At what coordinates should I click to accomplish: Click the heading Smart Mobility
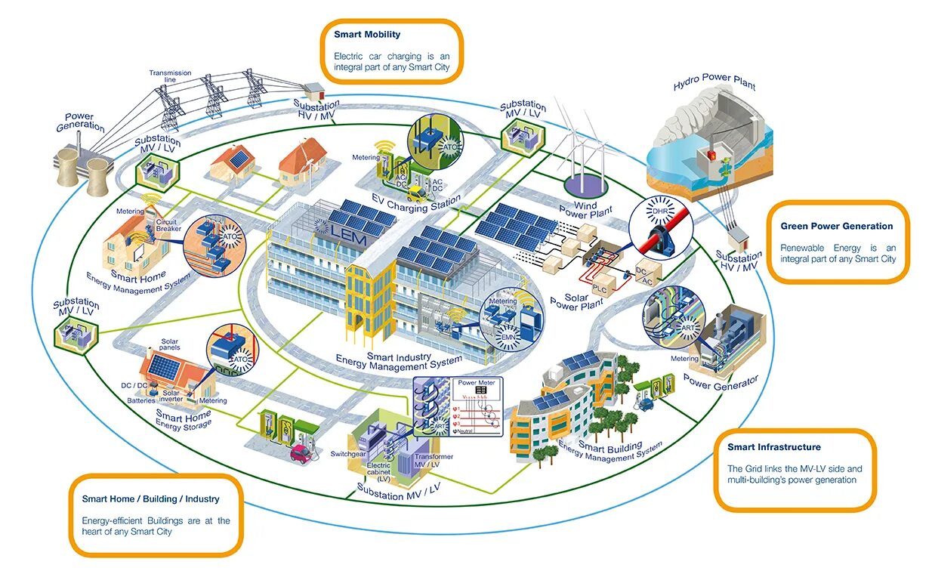[x=367, y=34]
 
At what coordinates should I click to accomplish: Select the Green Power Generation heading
[x=836, y=226]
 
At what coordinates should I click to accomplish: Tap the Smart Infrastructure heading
[x=773, y=447]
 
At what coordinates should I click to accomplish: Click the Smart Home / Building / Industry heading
[x=150, y=498]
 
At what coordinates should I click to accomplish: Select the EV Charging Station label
[x=415, y=202]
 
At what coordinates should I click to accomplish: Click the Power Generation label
[x=79, y=122]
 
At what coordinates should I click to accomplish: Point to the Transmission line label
[x=170, y=76]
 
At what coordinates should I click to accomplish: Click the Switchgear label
[x=347, y=453]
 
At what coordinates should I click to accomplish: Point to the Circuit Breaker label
[x=166, y=226]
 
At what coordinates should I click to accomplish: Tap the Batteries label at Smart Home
[x=140, y=400]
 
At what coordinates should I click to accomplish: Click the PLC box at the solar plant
[x=600, y=288]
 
